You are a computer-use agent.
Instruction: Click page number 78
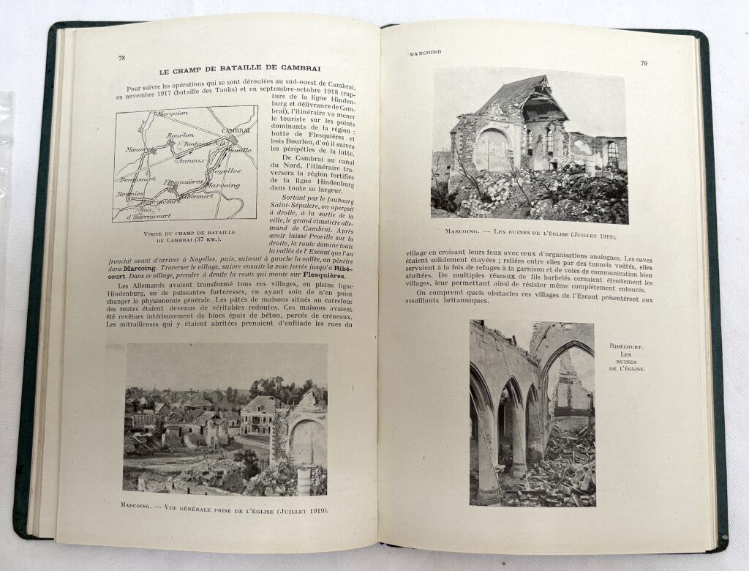point(121,58)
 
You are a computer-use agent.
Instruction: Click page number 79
point(643,63)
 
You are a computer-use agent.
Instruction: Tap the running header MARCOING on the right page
point(424,54)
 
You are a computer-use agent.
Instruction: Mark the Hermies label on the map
point(129,194)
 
